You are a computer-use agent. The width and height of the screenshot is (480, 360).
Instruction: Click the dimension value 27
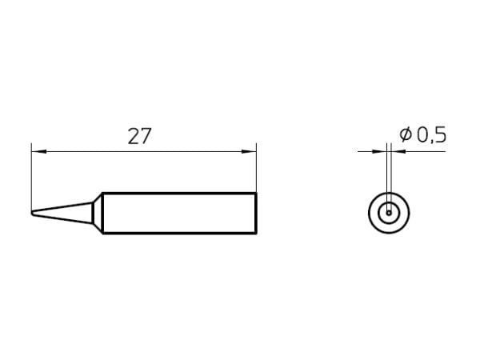click(139, 136)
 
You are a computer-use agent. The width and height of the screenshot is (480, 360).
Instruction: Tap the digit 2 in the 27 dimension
click(134, 136)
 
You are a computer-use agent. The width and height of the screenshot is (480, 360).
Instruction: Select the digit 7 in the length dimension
click(146, 136)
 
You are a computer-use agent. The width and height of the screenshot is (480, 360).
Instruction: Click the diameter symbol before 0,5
click(406, 134)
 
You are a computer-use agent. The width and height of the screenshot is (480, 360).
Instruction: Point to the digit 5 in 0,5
click(440, 135)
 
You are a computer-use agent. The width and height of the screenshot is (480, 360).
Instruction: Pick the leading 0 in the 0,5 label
click(422, 135)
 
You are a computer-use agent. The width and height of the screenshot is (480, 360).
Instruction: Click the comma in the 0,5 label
click(431, 142)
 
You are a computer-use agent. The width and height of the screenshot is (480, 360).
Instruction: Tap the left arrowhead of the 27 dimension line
click(39, 151)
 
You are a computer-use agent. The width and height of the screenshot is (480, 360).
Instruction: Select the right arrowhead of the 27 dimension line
click(249, 151)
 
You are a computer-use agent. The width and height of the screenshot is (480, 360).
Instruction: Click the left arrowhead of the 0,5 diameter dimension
click(379, 151)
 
